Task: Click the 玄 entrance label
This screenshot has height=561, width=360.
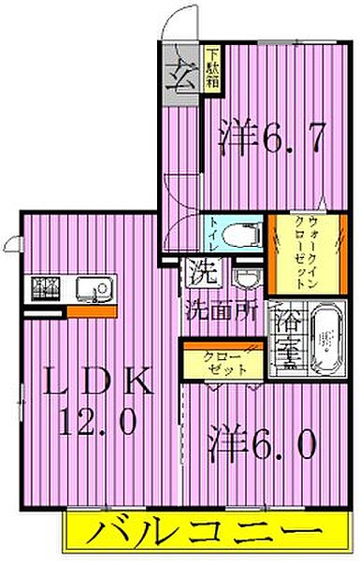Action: pos(181,75)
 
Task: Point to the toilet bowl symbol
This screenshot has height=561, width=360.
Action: pos(244,230)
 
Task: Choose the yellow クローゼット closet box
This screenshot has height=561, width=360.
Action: pos(223,361)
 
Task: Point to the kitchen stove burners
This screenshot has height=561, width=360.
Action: pos(43,289)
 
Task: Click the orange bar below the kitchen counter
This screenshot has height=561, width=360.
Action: pos(92,311)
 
